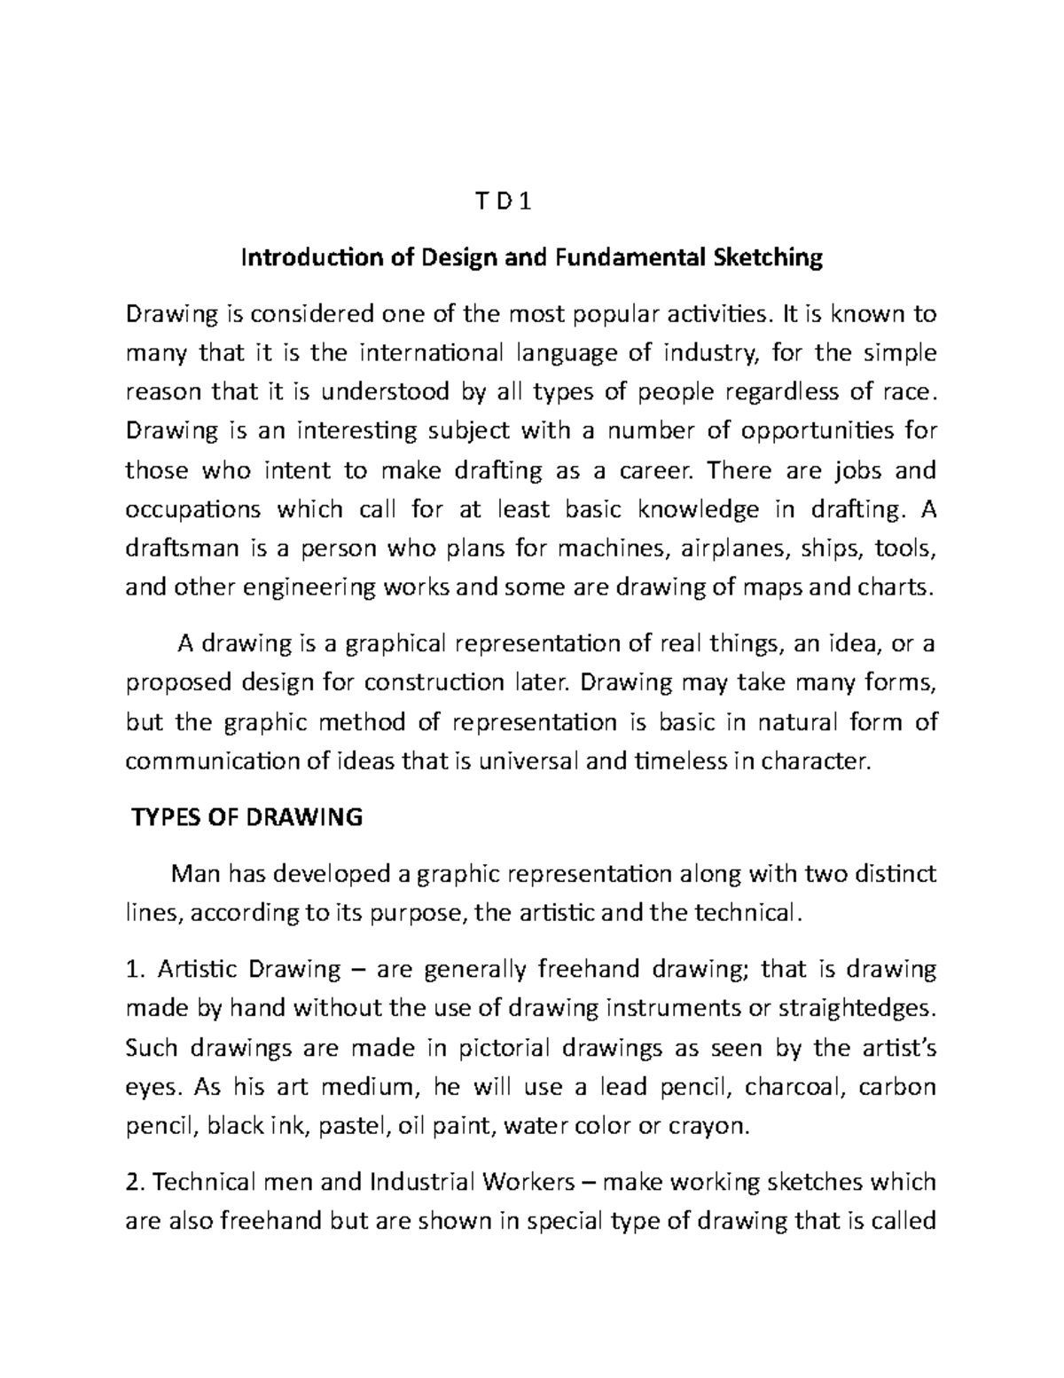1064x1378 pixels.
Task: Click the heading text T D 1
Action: point(532,204)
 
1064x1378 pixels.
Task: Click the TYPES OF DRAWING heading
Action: point(246,817)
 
